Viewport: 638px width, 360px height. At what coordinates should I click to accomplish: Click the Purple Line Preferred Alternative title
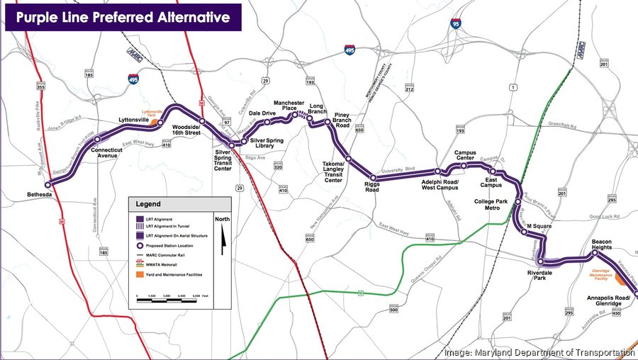pos(123,16)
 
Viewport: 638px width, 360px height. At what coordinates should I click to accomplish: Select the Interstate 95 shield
pos(455,24)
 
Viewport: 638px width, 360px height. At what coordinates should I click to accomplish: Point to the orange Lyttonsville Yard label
pos(154,113)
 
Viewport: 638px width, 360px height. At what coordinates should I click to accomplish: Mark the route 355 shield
pos(40,86)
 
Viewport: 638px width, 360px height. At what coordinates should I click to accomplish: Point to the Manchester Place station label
pos(289,106)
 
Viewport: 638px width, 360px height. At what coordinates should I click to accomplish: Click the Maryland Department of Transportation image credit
pos(539,352)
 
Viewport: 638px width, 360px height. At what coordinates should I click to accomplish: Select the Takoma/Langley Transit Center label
pos(333,171)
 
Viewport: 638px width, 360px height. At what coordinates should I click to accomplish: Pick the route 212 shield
pos(409,89)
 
